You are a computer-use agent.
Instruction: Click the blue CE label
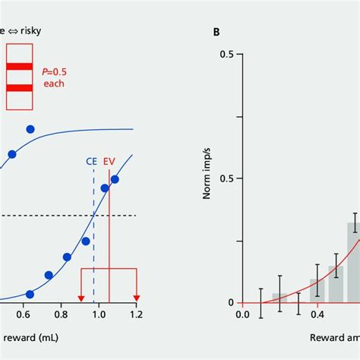[91, 162]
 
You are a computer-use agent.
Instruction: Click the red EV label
[109, 162]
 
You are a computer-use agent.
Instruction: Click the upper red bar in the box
[18, 65]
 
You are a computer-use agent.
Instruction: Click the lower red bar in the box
[18, 88]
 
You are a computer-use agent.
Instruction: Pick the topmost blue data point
[30, 129]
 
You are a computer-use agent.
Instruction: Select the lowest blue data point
[30, 294]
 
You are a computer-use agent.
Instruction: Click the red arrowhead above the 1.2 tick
[137, 297]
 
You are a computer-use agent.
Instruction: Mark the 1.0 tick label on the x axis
[99, 314]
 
